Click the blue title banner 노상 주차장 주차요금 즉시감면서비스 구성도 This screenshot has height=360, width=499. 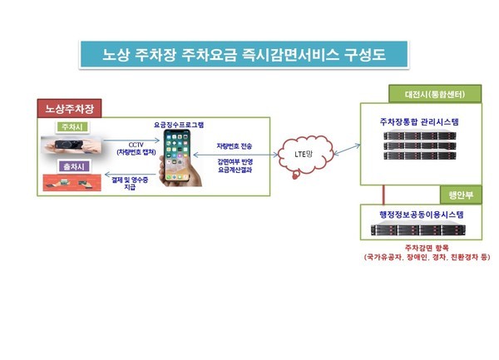244,54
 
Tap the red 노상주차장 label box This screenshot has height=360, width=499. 69,108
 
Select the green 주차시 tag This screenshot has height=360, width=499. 72,127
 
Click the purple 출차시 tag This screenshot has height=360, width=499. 73,166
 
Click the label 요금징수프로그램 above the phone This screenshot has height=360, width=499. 179,125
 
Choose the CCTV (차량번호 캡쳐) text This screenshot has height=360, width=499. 136,149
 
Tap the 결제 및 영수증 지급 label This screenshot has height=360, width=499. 130,184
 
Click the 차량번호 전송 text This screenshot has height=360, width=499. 235,146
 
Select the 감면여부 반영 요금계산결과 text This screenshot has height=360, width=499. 235,165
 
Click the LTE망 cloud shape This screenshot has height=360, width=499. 305,155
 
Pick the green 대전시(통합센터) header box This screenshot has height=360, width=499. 435,94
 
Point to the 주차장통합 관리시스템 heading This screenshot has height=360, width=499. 419,122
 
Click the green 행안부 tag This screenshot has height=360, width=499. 461,195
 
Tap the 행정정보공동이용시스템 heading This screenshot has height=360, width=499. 422,215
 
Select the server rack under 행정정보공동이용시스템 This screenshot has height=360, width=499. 418,230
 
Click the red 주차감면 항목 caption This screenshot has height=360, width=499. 427,247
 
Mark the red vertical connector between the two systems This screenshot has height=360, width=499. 383,195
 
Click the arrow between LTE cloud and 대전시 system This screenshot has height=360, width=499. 347,150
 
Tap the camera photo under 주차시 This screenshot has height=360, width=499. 72,145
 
